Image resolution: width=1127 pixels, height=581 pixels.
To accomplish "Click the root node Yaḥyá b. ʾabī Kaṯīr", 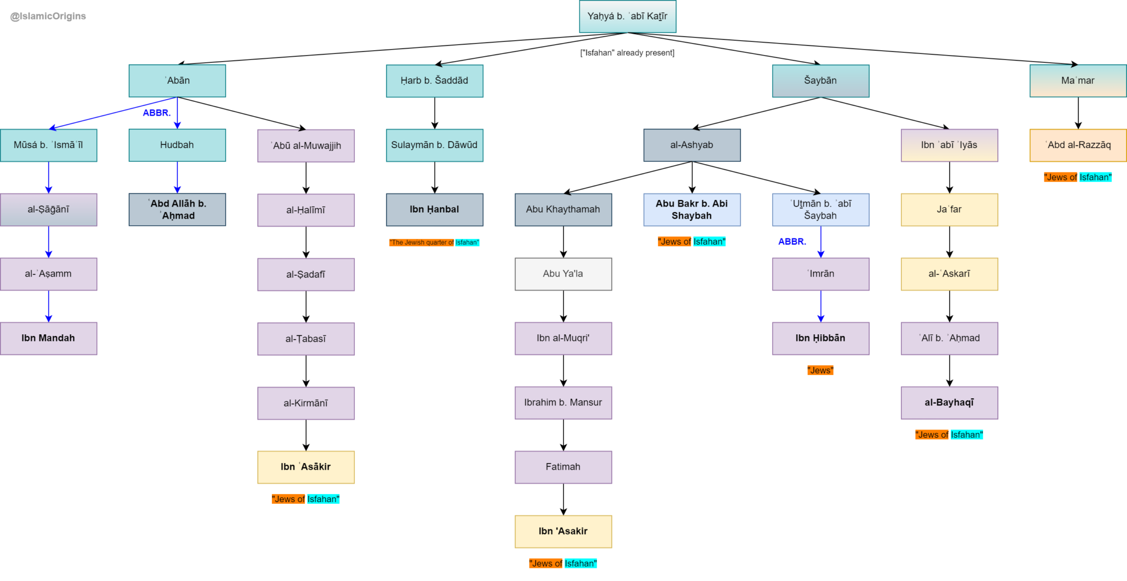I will pyautogui.click(x=627, y=17).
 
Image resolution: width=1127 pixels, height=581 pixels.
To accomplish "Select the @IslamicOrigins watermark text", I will pyautogui.click(x=48, y=17).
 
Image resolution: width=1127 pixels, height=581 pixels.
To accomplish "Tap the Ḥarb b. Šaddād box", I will pyautogui.click(x=434, y=81).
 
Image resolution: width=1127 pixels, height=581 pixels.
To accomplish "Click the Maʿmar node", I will pyautogui.click(x=1077, y=81).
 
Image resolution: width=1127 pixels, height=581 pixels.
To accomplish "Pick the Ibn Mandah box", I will pyautogui.click(x=48, y=338).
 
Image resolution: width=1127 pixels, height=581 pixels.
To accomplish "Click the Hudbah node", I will pyautogui.click(x=177, y=145).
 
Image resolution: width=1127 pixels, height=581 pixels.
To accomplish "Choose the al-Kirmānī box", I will pyautogui.click(x=306, y=403).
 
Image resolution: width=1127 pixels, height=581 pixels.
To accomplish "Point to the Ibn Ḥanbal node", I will pyautogui.click(x=434, y=209).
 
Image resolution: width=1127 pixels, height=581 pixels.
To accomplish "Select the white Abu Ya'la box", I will pyautogui.click(x=563, y=274).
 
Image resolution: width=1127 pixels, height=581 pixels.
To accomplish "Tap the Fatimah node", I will pyautogui.click(x=563, y=467).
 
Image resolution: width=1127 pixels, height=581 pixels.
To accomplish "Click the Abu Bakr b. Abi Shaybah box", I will pyautogui.click(x=692, y=209).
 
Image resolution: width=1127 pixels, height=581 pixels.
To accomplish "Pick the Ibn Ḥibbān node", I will pyautogui.click(x=820, y=338).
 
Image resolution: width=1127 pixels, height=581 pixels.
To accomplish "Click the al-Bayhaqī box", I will pyautogui.click(x=949, y=403).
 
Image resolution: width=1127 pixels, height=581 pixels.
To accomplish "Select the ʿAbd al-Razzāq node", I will pyautogui.click(x=1077, y=145).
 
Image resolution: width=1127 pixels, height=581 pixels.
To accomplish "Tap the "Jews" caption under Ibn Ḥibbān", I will pyautogui.click(x=820, y=371).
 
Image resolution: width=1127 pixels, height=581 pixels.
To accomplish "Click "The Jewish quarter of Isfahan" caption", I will pyautogui.click(x=434, y=242).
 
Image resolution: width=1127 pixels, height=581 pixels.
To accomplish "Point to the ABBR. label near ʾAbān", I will pyautogui.click(x=157, y=113).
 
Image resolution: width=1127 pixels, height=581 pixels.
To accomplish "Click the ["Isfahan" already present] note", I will pyautogui.click(x=627, y=53).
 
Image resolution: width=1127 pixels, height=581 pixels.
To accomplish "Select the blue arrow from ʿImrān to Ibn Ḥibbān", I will pyautogui.click(x=820, y=306).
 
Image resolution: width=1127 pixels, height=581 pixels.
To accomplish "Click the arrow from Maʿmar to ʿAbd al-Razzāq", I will pyautogui.click(x=1078, y=113).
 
